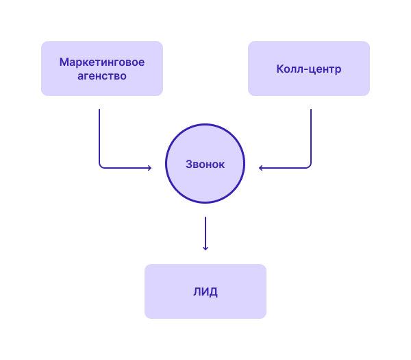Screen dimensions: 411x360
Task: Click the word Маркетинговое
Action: click(102, 62)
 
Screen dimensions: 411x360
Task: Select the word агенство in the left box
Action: click(102, 76)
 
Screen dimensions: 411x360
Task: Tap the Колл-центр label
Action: click(309, 69)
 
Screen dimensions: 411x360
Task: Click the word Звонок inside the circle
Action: click(206, 165)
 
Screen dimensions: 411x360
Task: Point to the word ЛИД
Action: click(206, 292)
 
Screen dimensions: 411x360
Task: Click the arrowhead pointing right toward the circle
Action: click(150, 168)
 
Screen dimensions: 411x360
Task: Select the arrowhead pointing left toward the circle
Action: click(260, 168)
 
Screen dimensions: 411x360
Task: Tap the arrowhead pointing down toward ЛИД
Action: click(206, 248)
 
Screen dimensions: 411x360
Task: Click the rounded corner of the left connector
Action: click(101, 167)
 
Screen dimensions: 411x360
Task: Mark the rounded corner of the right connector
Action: click(310, 167)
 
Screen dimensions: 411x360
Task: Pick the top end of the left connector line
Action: click(99, 110)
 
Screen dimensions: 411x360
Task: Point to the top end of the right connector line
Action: click(311, 110)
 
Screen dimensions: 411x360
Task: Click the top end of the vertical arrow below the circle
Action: click(206, 217)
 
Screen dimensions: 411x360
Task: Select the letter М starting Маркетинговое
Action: click(64, 62)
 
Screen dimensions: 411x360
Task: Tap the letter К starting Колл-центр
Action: click(280, 69)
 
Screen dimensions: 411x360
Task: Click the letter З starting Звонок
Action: click(189, 165)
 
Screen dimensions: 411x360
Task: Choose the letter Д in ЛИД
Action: click(213, 292)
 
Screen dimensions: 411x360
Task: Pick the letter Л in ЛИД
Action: click(197, 292)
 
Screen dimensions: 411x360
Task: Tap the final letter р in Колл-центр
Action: click(338, 70)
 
